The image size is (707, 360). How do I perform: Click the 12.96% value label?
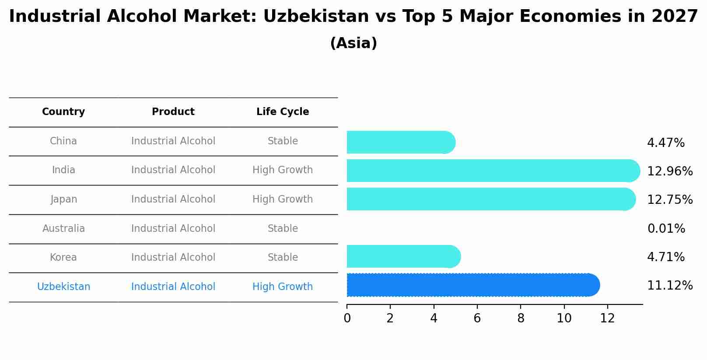669,171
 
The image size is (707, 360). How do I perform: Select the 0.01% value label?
666,228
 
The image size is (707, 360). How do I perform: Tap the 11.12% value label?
669,286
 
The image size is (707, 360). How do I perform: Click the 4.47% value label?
665,143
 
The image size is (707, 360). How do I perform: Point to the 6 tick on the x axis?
477,318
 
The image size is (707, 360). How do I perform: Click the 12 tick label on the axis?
607,318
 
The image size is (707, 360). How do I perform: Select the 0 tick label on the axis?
347,318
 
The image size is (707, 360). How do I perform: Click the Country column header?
63,112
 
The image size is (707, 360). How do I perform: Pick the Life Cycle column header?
283,112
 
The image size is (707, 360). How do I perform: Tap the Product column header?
173,112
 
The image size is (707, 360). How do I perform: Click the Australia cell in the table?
63,228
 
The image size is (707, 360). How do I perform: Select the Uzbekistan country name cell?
63,287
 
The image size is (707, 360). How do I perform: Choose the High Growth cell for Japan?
283,199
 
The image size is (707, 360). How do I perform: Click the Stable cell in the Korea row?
283,257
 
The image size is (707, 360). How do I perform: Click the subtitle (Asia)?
353,43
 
